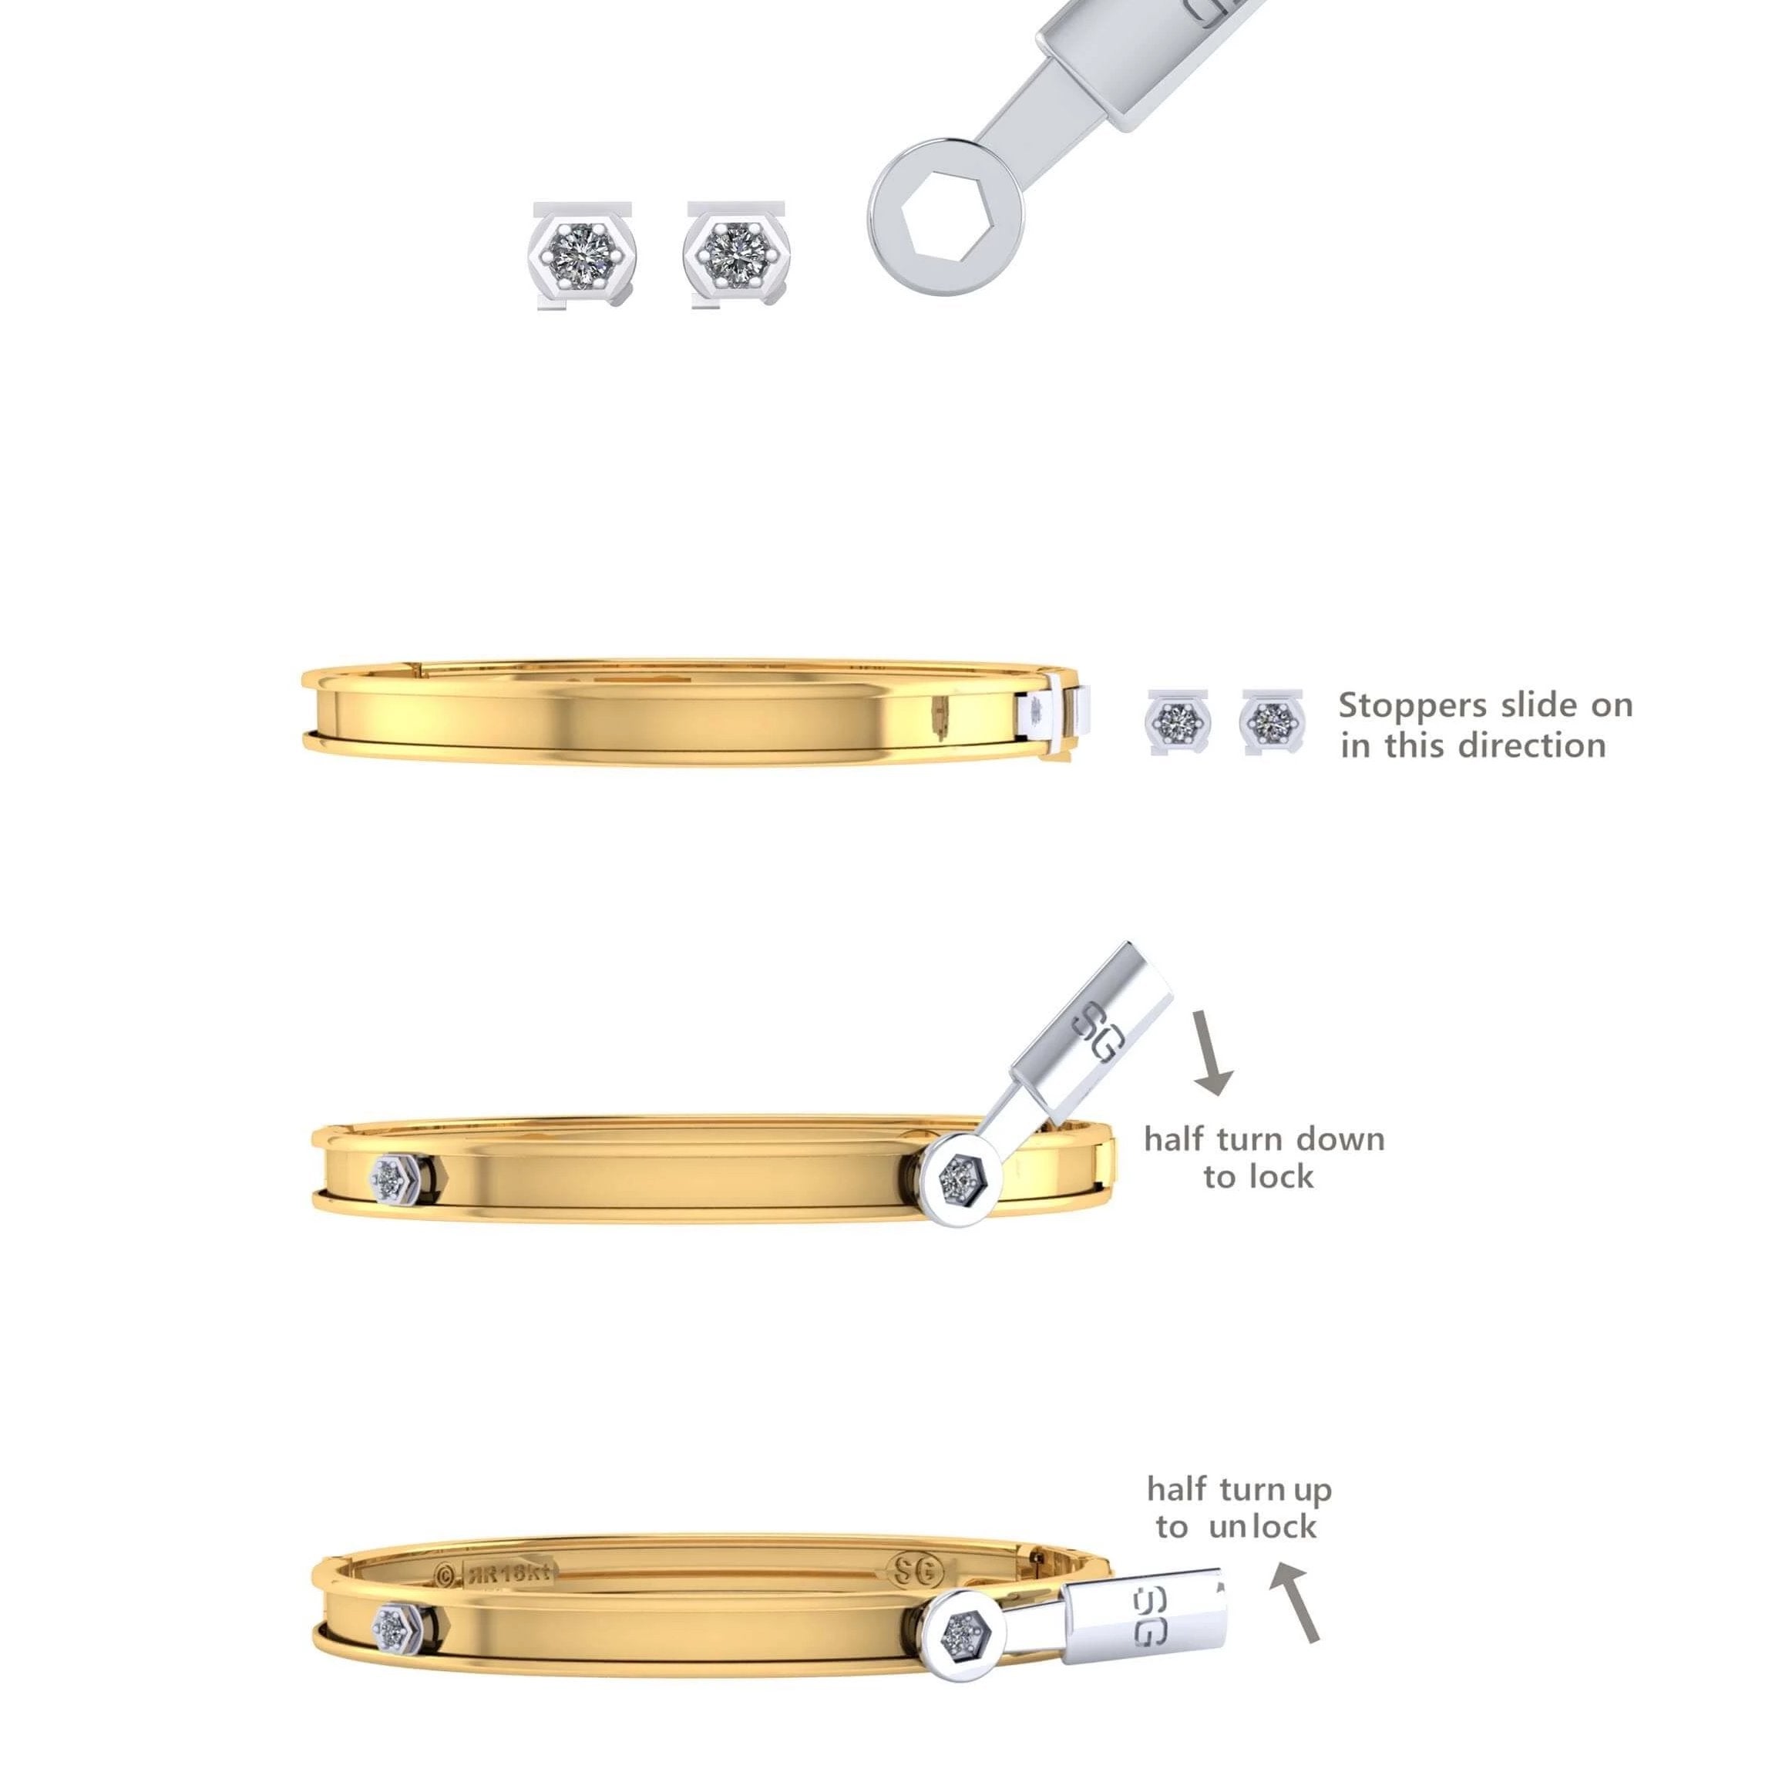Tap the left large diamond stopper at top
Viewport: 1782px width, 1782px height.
585,255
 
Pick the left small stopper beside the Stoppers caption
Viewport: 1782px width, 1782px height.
1178,722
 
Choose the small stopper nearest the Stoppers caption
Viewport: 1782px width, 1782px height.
1273,721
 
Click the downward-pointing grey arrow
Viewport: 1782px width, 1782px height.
1211,1051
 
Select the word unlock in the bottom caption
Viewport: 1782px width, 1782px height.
1263,1528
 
